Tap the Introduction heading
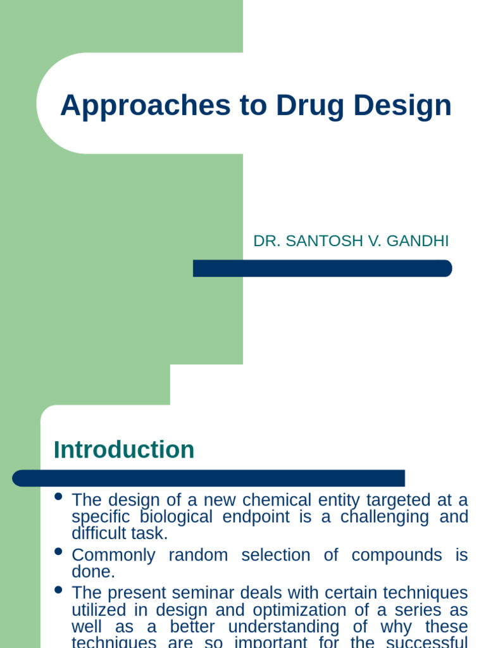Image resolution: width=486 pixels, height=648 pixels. pos(124,450)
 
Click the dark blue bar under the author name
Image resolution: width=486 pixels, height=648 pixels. pos(322,268)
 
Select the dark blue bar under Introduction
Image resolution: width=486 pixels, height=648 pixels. pos(209,478)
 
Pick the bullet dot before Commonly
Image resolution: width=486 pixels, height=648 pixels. pos(59,552)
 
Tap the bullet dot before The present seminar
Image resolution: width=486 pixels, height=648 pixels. pos(59,590)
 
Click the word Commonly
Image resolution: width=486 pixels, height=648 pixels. pos(113,556)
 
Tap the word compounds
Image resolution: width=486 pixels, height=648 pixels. pos(397,555)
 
